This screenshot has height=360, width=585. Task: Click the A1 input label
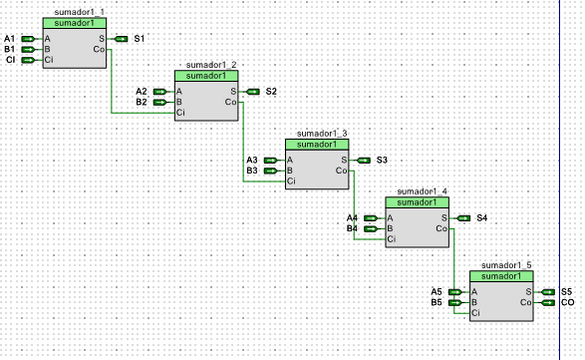coord(9,39)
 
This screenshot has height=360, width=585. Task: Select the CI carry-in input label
coord(10,60)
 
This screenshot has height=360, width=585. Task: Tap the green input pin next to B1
coord(28,49)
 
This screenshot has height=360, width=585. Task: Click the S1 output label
coord(140,39)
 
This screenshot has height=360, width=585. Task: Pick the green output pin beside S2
coord(252,92)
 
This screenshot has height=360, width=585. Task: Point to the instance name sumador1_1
coord(80,12)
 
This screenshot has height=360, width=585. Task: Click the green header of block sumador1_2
coord(206,76)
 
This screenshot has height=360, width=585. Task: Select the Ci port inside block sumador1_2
coord(180,113)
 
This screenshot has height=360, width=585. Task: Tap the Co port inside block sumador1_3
coord(342,171)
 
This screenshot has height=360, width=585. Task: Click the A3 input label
coord(252,161)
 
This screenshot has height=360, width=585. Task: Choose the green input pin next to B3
coord(270,171)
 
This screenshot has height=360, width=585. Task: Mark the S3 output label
coord(382,161)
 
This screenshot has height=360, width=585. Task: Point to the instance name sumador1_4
coord(423,191)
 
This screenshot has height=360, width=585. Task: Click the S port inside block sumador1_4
coord(443,217)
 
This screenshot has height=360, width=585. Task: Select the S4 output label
coord(482,218)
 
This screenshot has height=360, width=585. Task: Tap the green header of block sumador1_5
coord(501,276)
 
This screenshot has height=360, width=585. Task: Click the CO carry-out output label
coord(567,302)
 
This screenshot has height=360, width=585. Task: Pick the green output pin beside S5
coord(548,292)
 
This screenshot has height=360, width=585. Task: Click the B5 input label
coord(437,302)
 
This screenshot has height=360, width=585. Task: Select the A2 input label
coord(142,92)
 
